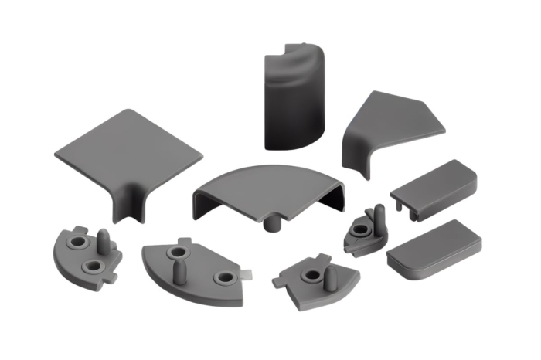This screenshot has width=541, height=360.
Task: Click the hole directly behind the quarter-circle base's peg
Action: [178, 253]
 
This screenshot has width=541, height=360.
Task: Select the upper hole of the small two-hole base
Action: [78, 242]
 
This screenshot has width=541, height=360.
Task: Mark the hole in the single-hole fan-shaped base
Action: [313, 274]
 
